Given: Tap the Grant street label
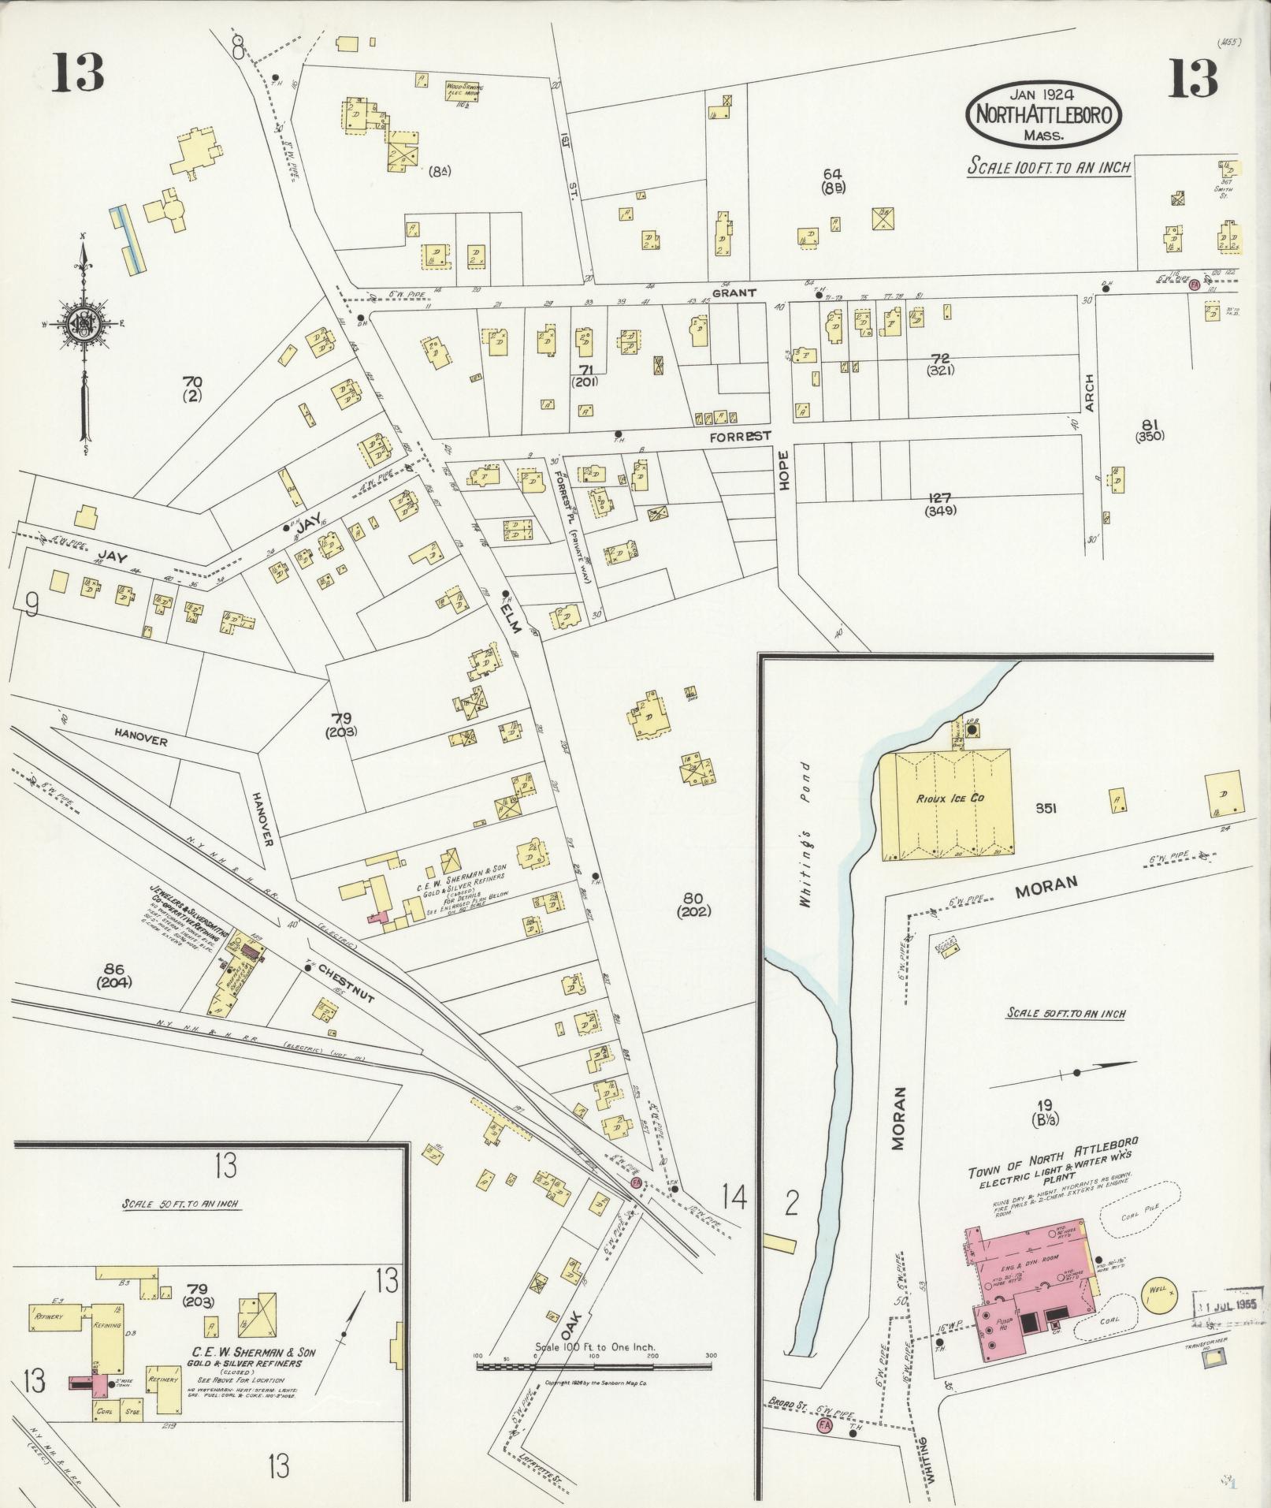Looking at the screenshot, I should [735, 292].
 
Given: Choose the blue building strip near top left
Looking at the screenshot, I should [127, 240].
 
